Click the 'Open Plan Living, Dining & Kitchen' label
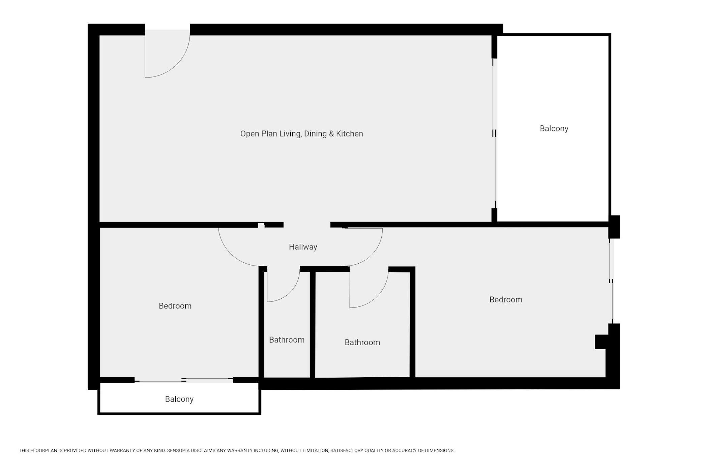[301, 134]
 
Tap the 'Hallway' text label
[303, 247]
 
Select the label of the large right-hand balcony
[554, 128]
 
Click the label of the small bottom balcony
[179, 399]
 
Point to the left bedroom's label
[175, 306]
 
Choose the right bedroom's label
[506, 299]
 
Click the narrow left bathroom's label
[287, 340]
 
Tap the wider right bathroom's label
[362, 342]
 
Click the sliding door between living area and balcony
[495, 134]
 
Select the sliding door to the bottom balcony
[184, 380]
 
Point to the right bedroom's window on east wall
[611, 281]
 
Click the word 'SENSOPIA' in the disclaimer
[178, 450]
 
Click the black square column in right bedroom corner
[601, 342]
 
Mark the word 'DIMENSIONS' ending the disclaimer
[440, 450]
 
